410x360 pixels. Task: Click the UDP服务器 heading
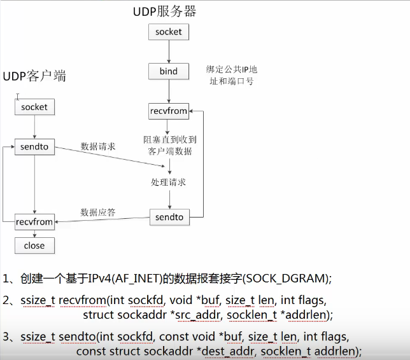coord(164,11)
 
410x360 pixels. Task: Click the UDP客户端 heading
coord(35,76)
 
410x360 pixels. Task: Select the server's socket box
coord(169,32)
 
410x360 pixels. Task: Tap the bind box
coord(169,71)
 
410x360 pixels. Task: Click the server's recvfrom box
coord(169,111)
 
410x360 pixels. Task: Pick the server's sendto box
coord(169,218)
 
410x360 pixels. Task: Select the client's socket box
coord(34,107)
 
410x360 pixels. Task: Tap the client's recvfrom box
coord(34,222)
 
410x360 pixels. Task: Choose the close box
coord(34,246)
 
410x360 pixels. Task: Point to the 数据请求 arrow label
coord(98,146)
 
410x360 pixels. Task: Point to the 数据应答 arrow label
coord(98,212)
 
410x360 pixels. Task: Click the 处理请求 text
coord(169,182)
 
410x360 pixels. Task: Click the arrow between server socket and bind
coord(169,52)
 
